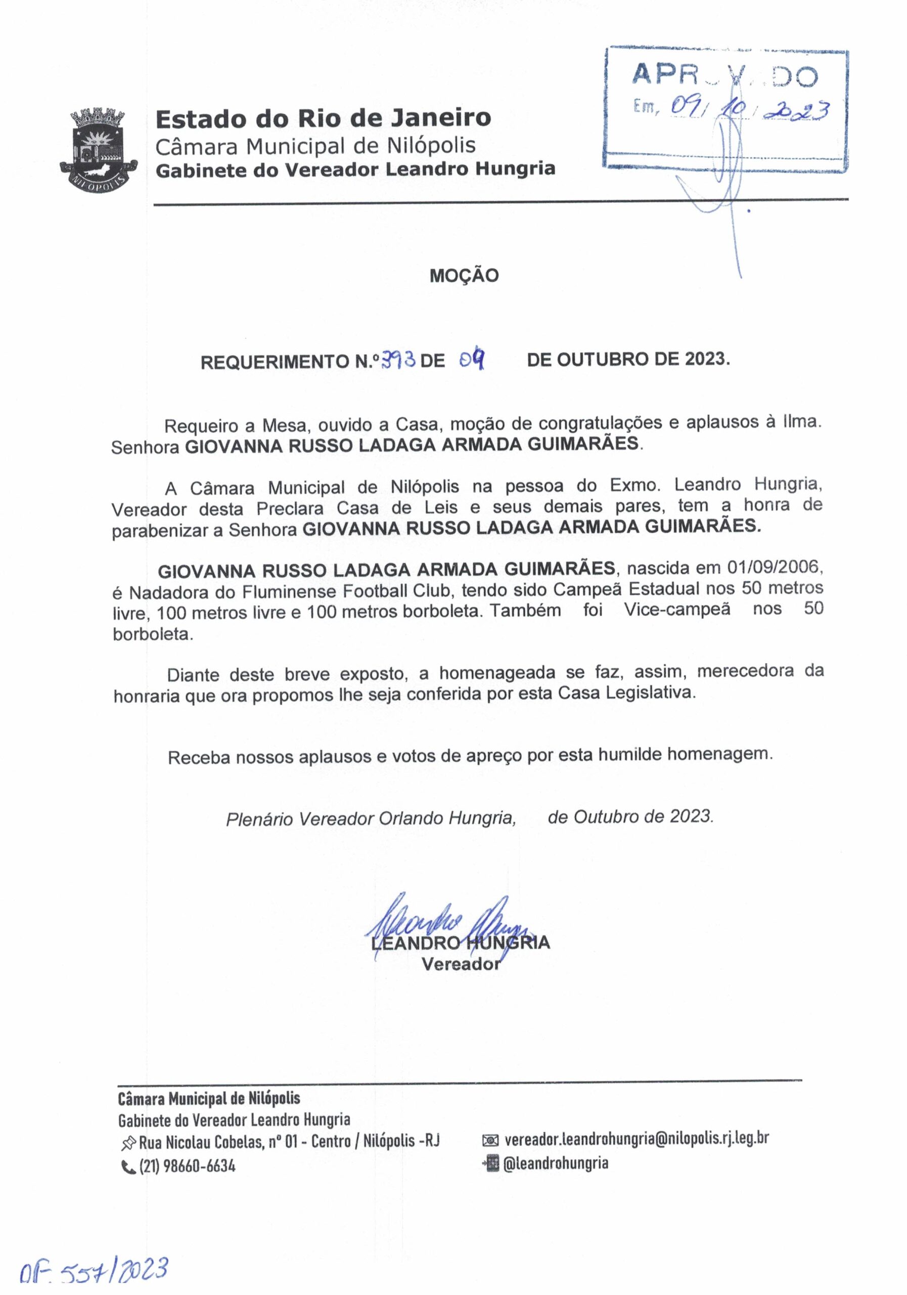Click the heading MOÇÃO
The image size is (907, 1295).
coord(464,275)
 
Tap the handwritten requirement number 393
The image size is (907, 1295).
coord(398,358)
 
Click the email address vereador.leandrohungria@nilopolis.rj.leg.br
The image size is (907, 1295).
coord(637,1138)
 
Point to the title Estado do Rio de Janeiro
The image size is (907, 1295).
coord(323,118)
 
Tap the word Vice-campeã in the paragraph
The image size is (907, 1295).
coord(677,610)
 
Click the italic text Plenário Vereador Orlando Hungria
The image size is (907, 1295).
coord(371,818)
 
